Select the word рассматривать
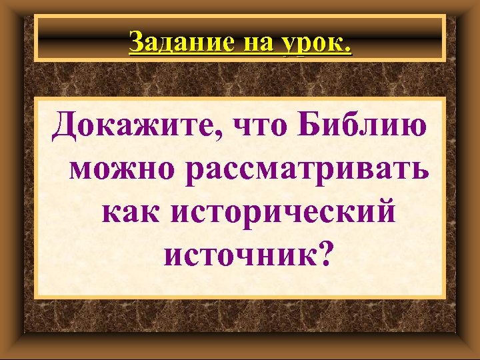pyautogui.click(x=309, y=171)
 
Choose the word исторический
pyautogui.click(x=284, y=215)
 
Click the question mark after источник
pyautogui.click(x=323, y=256)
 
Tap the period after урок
pyautogui.click(x=349, y=51)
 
